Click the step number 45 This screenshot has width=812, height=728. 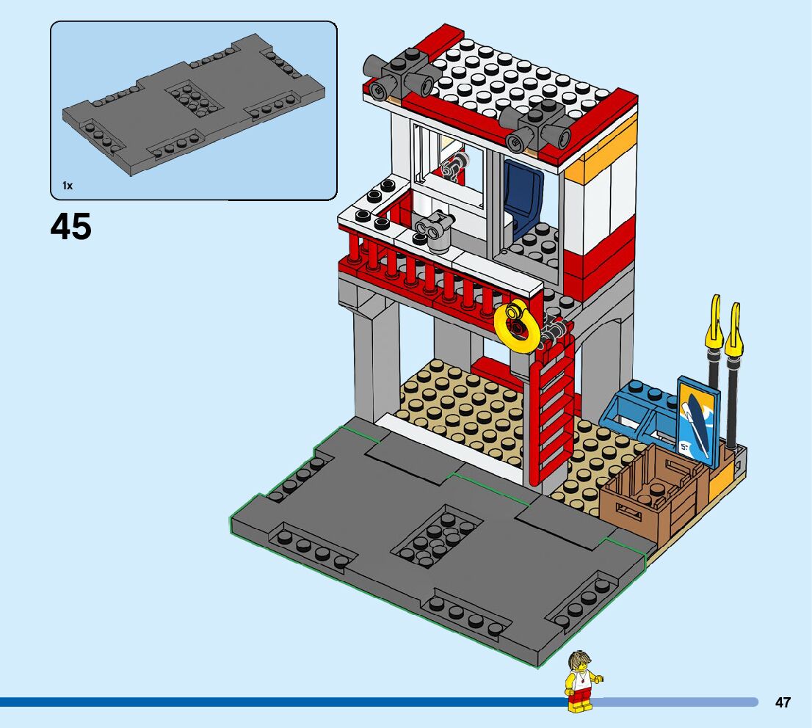pyautogui.click(x=71, y=227)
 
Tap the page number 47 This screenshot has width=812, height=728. pyautogui.click(x=783, y=702)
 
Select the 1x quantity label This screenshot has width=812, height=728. pyautogui.click(x=68, y=186)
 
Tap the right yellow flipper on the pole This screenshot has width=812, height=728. pyautogui.click(x=733, y=331)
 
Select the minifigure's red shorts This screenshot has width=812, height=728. pyautogui.click(x=581, y=695)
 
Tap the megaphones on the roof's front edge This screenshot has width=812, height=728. pyautogui.click(x=537, y=125)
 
